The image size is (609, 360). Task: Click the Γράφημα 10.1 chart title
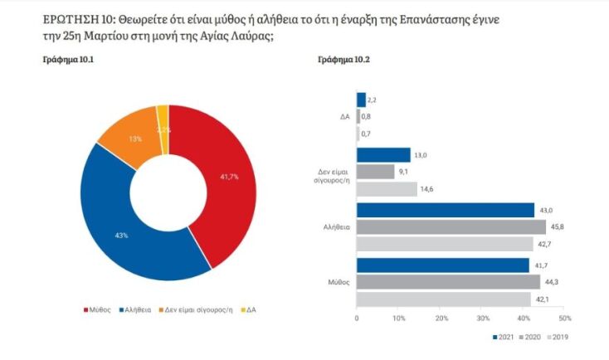(67, 62)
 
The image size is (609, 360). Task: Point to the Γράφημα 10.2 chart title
(343, 62)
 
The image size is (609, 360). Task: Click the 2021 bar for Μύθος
(442, 265)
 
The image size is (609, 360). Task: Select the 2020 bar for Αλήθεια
(451, 226)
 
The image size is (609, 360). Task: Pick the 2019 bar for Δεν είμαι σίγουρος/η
(387, 188)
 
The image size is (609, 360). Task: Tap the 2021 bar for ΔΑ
(361, 100)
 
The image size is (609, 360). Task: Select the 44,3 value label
(550, 282)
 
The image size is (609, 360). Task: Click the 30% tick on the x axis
(483, 319)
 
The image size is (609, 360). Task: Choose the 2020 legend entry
(532, 337)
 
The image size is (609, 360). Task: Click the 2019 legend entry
(558, 337)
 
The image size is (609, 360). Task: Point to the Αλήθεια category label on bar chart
(336, 226)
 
